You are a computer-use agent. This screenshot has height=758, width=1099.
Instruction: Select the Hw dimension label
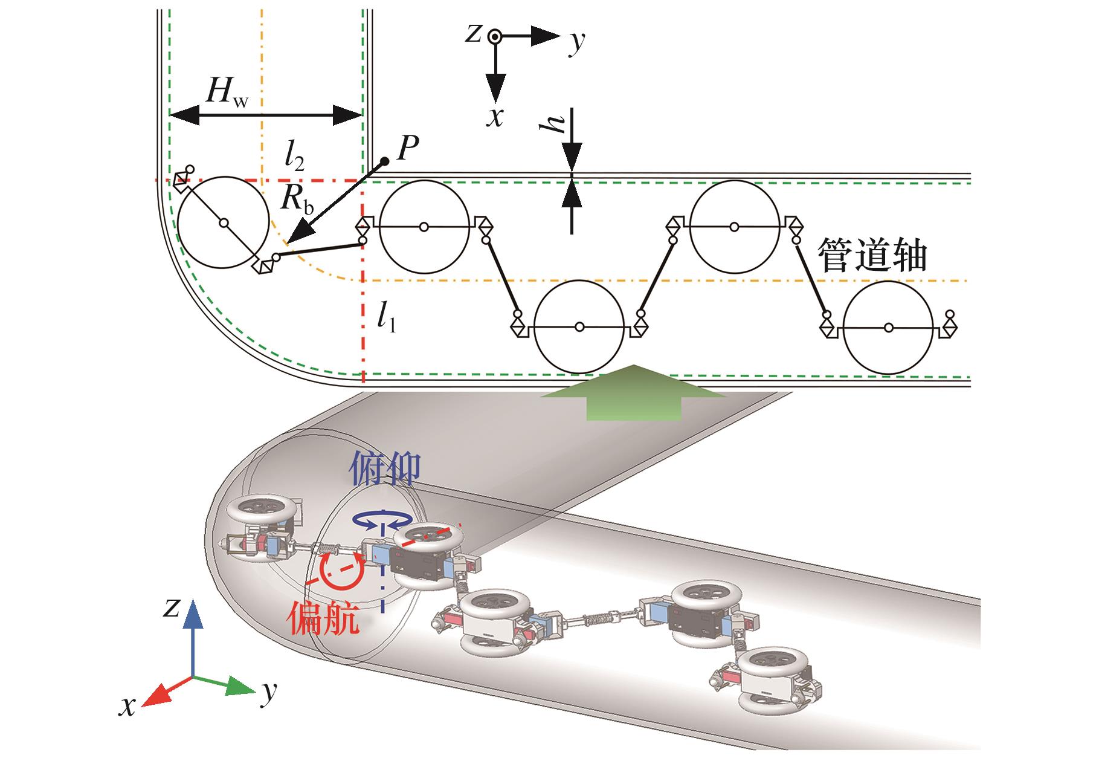point(226,92)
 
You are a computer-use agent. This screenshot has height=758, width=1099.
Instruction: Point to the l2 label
point(295,158)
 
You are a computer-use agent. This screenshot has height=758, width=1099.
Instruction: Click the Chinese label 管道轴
point(871,254)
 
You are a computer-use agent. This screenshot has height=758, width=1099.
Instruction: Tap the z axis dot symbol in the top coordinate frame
point(495,36)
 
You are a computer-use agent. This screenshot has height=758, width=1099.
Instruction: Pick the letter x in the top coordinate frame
point(495,117)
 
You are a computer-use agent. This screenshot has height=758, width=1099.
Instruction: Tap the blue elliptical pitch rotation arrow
point(383,519)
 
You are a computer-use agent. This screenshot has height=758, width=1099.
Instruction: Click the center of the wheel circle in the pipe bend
point(224,223)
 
